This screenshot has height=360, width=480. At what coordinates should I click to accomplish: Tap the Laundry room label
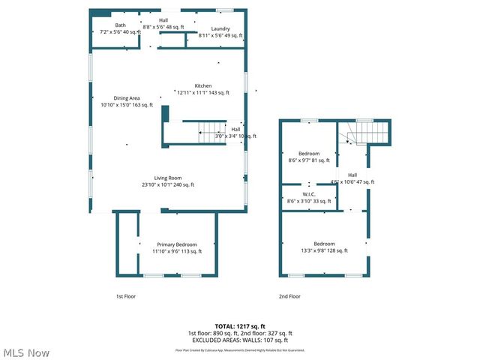pos(220,28)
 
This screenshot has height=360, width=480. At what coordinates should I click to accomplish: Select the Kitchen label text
pos(203,85)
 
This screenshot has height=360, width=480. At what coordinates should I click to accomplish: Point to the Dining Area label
pos(127,98)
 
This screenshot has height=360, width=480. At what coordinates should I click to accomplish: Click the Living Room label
pos(168,178)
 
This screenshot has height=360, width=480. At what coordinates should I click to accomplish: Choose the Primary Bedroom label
pos(177,244)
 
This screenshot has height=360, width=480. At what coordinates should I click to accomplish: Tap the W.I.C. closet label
pos(308,194)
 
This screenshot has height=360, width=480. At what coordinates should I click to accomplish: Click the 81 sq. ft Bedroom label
pos(309,153)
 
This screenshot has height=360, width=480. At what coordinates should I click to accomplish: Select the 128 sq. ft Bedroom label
pos(324,244)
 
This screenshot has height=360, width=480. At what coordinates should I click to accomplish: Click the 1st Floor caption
pos(126,296)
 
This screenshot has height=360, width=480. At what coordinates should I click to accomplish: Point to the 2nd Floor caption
pos(289,296)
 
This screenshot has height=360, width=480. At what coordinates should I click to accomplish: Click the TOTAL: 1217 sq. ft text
pos(240,326)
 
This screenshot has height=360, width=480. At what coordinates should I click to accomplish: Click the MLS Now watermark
pos(25,352)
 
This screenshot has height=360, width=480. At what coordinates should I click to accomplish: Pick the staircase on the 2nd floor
pos(367,133)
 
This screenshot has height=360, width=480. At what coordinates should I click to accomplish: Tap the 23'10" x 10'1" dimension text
pos(168,184)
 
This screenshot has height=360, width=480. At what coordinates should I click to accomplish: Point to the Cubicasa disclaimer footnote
pos(240,349)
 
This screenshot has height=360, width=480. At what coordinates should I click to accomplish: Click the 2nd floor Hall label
pos(352,175)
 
